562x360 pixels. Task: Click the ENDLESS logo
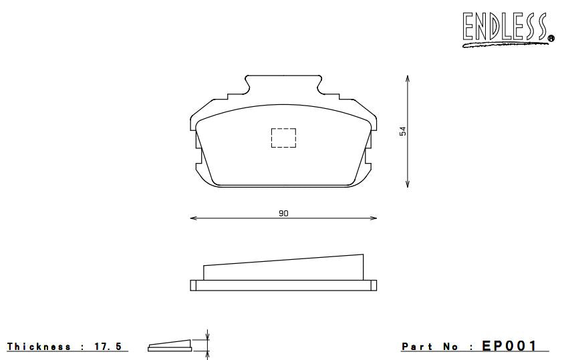pos(506,29)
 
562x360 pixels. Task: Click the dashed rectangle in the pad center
pos(283,137)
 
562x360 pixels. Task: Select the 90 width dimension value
pos(283,213)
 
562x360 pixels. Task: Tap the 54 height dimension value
pos(403,131)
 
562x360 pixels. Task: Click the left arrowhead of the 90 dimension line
pos(193,218)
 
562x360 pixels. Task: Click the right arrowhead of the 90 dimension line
pos(374,218)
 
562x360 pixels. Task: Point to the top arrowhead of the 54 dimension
pos(408,79)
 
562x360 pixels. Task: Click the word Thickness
pos(39,347)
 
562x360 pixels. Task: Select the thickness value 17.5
pos(108,347)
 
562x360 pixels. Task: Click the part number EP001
pos(509,346)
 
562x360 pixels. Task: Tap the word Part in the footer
pos(416,347)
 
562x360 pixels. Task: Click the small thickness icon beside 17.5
pos(170,345)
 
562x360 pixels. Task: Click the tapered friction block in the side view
pos(284,268)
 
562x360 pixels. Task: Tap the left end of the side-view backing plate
pos(193,285)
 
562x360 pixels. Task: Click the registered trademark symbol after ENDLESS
pos(551,39)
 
